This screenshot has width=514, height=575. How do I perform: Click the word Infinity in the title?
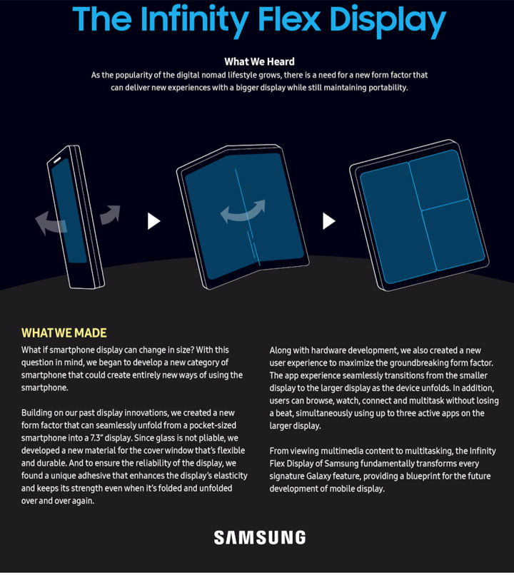(x=194, y=20)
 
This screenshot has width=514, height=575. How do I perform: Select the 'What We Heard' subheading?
(x=259, y=61)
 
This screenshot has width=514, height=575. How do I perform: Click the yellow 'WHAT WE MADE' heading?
(x=64, y=333)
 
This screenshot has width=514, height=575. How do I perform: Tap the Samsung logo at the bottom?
(x=260, y=538)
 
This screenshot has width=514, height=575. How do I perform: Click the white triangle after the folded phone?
(x=153, y=221)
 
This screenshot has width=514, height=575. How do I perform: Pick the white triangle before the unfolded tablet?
(x=328, y=221)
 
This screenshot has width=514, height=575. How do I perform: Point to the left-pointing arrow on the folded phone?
(x=51, y=223)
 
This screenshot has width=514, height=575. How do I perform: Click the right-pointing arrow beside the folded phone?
(x=110, y=214)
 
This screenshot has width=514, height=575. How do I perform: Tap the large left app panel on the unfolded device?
(x=398, y=223)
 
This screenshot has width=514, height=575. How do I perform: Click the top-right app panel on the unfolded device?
(x=439, y=179)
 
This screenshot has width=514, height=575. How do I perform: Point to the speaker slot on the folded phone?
(x=58, y=161)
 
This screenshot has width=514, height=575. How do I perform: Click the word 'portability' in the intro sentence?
(x=388, y=88)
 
